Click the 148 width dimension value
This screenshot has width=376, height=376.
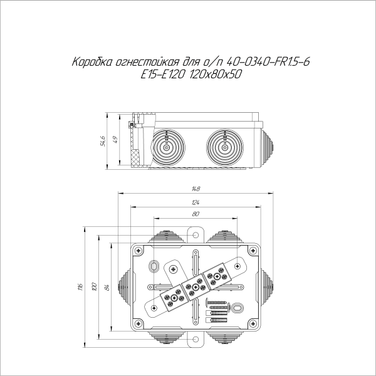coord(196,189)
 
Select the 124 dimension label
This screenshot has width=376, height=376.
coord(196,202)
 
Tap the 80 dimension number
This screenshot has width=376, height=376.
coord(196,214)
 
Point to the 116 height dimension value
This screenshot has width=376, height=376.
coord(80,287)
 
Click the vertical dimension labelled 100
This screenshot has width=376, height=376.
coord(93,287)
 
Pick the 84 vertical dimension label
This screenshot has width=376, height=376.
coord(107,287)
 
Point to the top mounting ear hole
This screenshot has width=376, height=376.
coord(196,237)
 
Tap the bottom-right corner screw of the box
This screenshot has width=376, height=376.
coord(253,325)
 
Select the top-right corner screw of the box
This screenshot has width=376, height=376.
coord(253,251)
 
